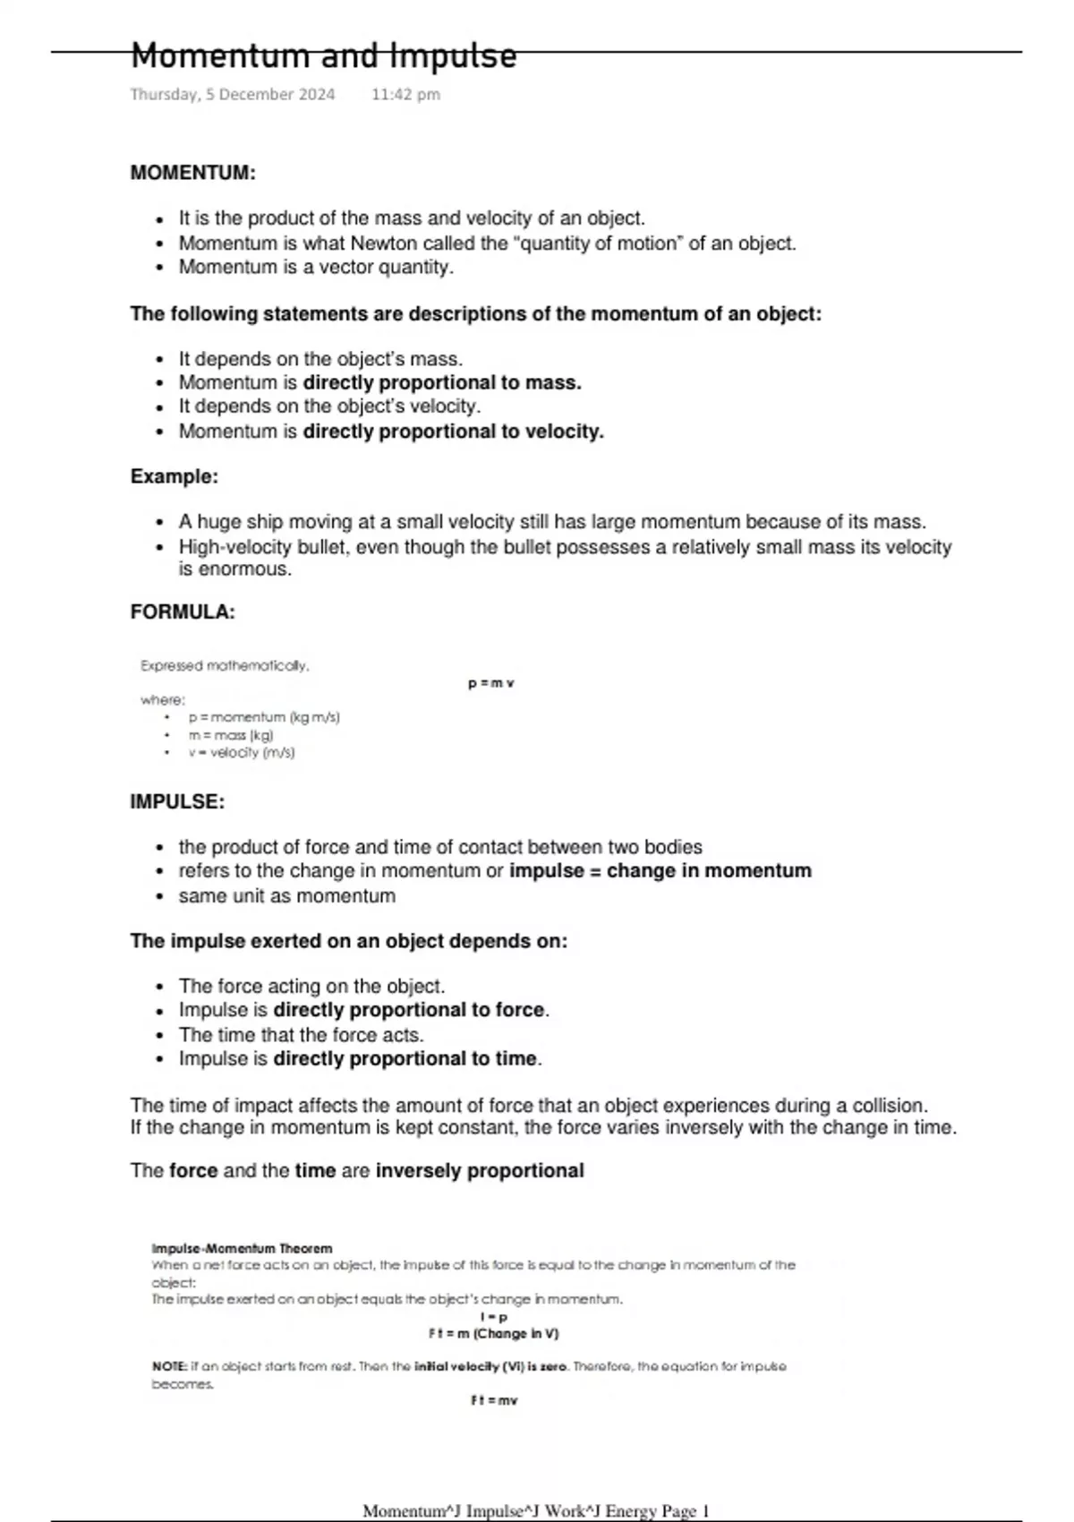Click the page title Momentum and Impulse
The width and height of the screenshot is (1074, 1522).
tap(323, 56)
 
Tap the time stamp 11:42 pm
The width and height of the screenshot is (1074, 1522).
tap(405, 94)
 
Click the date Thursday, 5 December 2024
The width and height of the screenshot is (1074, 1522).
tap(233, 94)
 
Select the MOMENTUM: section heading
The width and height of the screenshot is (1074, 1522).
tap(192, 173)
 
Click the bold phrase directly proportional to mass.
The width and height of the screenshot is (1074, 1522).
tap(442, 383)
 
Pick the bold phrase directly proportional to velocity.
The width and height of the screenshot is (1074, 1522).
tap(453, 432)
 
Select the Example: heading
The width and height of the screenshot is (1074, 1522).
tap(175, 476)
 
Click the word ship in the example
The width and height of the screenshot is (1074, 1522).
tap(262, 522)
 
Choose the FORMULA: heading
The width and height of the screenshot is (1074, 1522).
tap(183, 612)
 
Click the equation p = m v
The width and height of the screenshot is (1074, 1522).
tap(491, 684)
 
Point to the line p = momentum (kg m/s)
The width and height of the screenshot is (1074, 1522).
tap(264, 717)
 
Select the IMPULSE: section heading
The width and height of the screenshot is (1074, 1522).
tap(177, 802)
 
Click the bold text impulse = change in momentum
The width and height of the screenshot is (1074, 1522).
tap(661, 871)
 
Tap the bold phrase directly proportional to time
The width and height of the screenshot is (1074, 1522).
tap(405, 1059)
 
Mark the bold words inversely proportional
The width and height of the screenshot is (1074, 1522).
tap(480, 1171)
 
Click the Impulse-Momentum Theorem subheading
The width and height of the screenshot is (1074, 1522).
tap(242, 1248)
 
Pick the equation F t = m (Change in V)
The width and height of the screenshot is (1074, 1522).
tap(494, 1334)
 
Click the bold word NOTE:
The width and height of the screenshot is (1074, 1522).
tap(170, 1367)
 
